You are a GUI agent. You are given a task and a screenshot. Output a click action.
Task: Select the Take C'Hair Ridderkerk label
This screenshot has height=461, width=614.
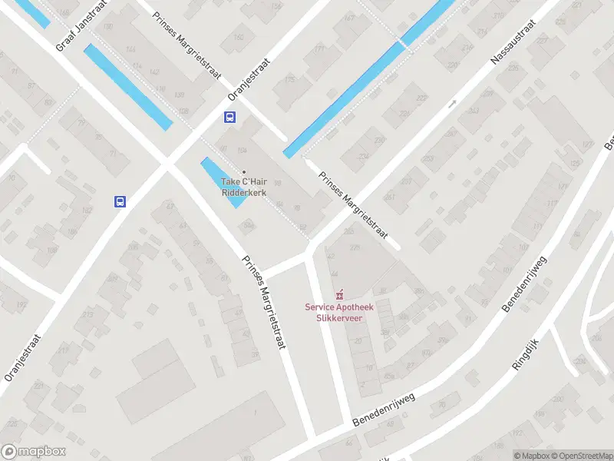coord(243,187)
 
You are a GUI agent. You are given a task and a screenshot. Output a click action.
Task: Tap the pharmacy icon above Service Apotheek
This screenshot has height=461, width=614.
coord(338,294)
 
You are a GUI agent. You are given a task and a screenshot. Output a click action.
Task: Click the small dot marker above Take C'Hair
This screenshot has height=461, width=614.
coord(244,171)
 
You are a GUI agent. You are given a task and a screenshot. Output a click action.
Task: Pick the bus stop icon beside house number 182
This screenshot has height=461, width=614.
coord(120,201)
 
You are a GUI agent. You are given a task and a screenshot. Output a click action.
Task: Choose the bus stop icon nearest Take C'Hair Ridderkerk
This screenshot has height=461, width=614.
coord(229,118)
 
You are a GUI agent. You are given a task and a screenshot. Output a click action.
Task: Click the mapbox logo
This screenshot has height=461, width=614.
coord(34,452)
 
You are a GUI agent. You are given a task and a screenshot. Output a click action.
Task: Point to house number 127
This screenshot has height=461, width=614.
coord(588,144)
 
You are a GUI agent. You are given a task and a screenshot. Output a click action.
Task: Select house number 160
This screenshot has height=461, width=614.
coord(238,36)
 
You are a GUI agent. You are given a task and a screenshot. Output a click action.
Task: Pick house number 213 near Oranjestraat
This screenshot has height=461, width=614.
coord(88,314)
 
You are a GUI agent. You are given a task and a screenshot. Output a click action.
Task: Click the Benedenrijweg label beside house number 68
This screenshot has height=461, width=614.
coord(384,410)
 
